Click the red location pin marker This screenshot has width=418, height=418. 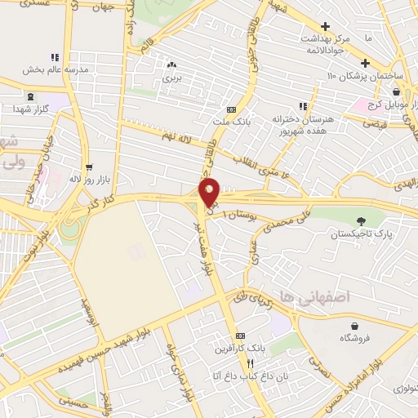coord(210,191)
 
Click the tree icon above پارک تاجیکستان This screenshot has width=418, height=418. coord(360,220)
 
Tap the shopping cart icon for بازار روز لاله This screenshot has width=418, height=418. coord(99,166)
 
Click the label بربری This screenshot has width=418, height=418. coord(171,78)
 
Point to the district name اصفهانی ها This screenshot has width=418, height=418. coord(313,296)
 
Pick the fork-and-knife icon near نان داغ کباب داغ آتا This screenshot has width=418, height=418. coord(251,363)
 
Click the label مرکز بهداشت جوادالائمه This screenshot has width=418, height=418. coord(327,42)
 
